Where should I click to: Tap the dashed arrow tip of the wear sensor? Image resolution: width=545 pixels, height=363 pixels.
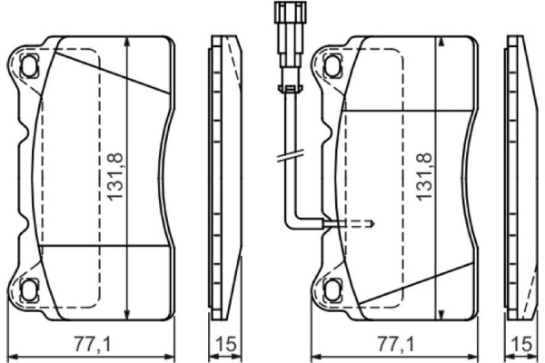(x=373, y=222)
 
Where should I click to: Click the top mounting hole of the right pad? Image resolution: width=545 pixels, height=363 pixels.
(x=331, y=65)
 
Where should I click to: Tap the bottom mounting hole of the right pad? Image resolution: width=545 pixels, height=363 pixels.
(x=331, y=290)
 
